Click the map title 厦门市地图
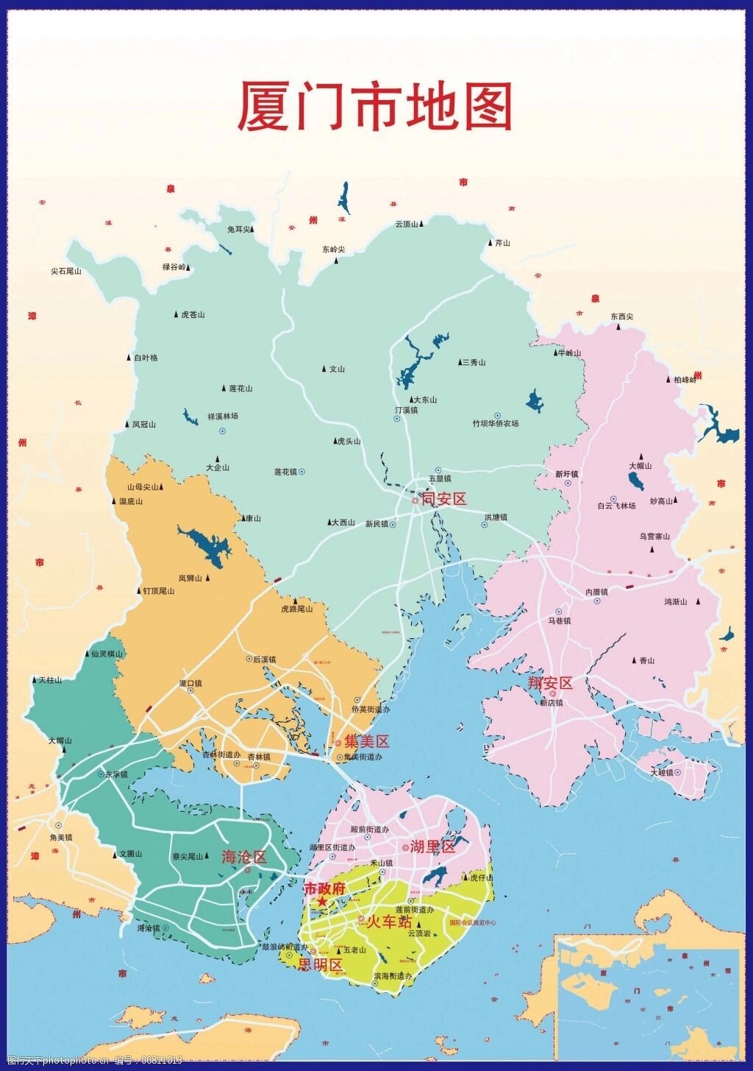pyautogui.click(x=374, y=107)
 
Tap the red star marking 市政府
pyautogui.click(x=322, y=902)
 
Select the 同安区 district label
pyautogui.click(x=443, y=499)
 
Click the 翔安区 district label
pyautogui.click(x=550, y=683)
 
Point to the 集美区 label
pyautogui.click(x=367, y=742)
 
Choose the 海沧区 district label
pyautogui.click(x=244, y=857)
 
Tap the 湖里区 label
pyautogui.click(x=433, y=846)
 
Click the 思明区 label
pyautogui.click(x=321, y=965)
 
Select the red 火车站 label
pyautogui.click(x=389, y=922)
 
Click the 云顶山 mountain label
pyautogui.click(x=407, y=225)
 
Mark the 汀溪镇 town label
pyautogui.click(x=406, y=410)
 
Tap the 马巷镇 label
pyautogui.click(x=559, y=621)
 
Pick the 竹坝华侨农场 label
pyautogui.click(x=495, y=424)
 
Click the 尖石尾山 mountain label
pyautogui.click(x=65, y=272)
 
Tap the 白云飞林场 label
pyautogui.click(x=616, y=506)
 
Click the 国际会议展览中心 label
pyautogui.click(x=482, y=922)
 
